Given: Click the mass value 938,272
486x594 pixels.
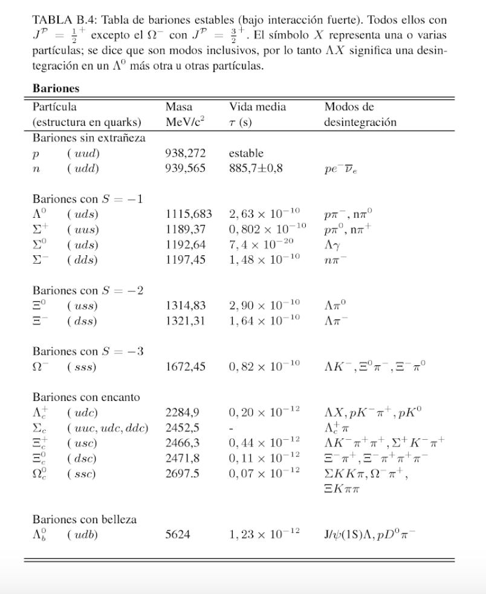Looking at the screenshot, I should [x=184, y=154].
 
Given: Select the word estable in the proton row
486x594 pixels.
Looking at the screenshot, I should [x=246, y=154].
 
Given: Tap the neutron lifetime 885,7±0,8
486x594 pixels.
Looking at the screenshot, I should [x=256, y=168].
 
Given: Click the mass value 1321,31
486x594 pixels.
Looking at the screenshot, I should [x=184, y=320].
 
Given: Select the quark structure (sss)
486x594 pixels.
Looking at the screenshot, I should [x=82, y=367].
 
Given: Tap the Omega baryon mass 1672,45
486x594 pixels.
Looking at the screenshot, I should [x=184, y=367].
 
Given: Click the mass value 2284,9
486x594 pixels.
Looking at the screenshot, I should [x=182, y=413].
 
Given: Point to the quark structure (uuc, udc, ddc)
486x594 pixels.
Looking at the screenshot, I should [x=108, y=427].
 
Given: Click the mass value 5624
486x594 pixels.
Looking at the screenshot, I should [x=177, y=534].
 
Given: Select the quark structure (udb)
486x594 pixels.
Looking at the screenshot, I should [x=83, y=534].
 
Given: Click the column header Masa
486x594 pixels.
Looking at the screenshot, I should [x=179, y=107].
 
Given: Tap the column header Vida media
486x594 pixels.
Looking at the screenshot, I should [x=257, y=107].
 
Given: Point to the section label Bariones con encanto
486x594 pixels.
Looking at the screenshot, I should [x=86, y=397].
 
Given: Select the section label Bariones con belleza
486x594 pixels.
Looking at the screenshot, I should [x=84, y=519].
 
